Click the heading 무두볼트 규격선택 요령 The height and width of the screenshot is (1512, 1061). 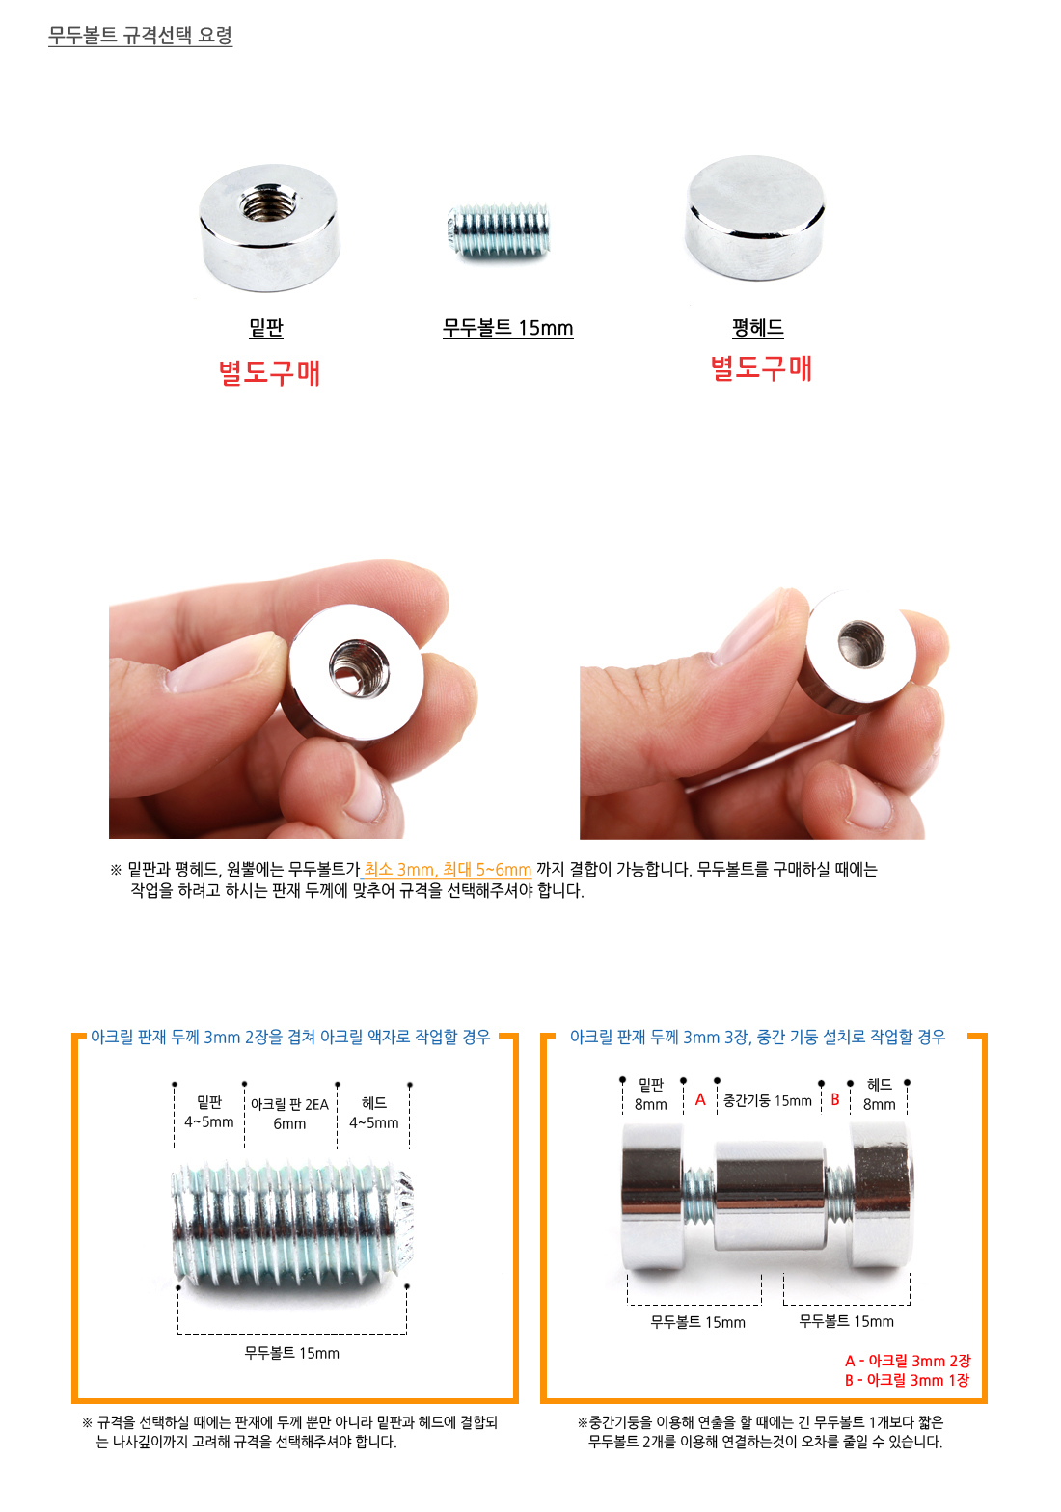[x=140, y=35]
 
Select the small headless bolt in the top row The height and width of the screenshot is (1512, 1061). [x=499, y=229]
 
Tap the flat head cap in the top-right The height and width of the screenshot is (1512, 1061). [x=754, y=217]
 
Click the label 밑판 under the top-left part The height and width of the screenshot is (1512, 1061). [x=266, y=328]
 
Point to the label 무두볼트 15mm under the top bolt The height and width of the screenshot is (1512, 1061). [x=508, y=328]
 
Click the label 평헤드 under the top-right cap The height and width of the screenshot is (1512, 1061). [x=758, y=328]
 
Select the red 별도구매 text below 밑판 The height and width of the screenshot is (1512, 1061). [x=269, y=372]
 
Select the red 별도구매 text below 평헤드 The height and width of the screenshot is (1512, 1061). [x=761, y=368]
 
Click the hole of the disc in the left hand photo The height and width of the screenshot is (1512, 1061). [x=360, y=667]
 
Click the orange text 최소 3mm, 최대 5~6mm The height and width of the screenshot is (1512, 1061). [x=448, y=870]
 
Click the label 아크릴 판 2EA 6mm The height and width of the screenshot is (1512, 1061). [x=289, y=1114]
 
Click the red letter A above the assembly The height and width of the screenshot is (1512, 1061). [x=700, y=1099]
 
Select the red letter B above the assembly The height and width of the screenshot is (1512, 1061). [x=835, y=1099]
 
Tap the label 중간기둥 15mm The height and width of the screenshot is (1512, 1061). [x=767, y=1101]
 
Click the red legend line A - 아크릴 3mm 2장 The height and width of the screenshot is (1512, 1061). [x=908, y=1361]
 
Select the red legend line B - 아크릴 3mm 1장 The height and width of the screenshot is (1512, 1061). [x=907, y=1381]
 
